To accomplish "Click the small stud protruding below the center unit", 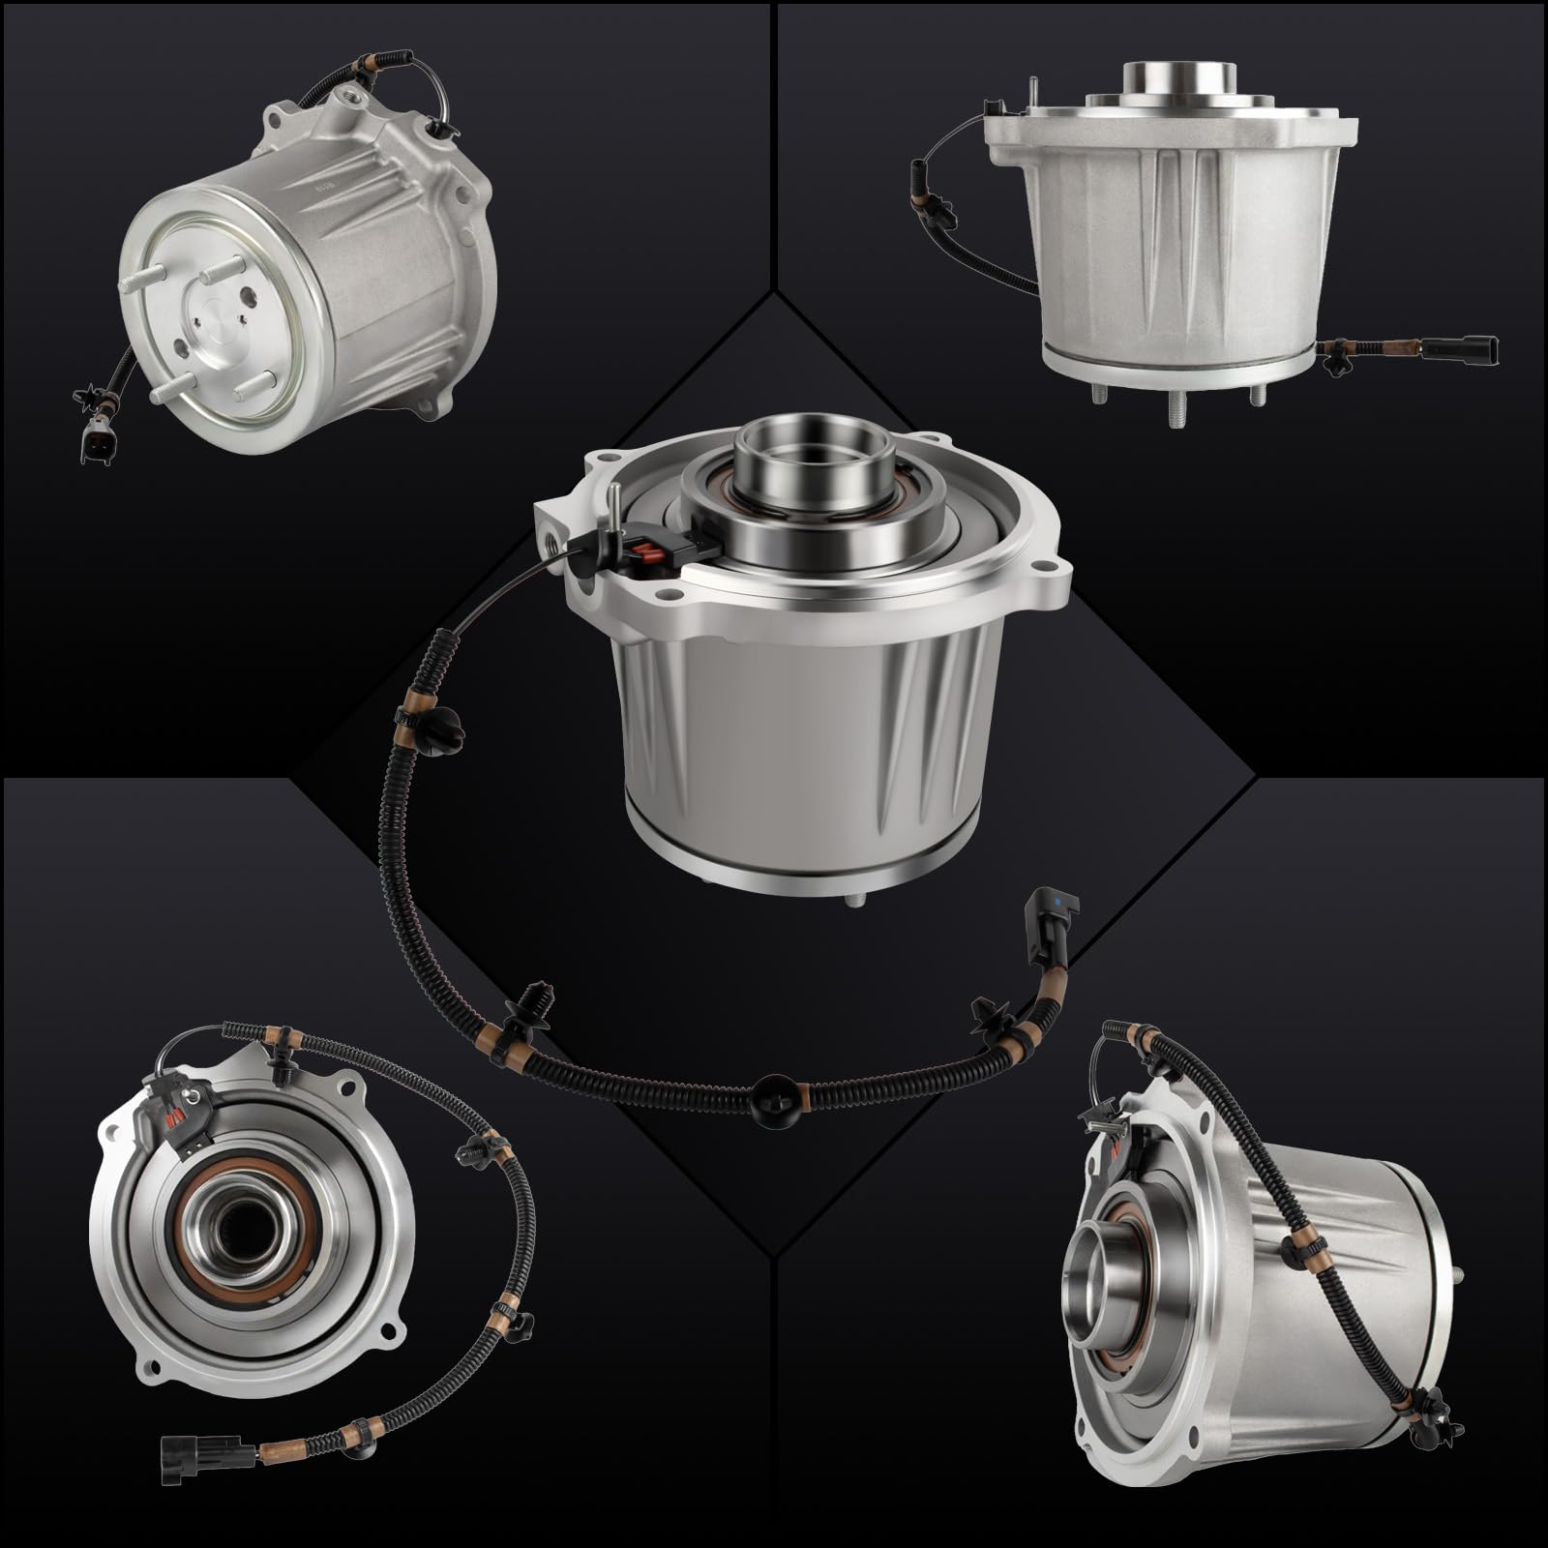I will tap(855, 899).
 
